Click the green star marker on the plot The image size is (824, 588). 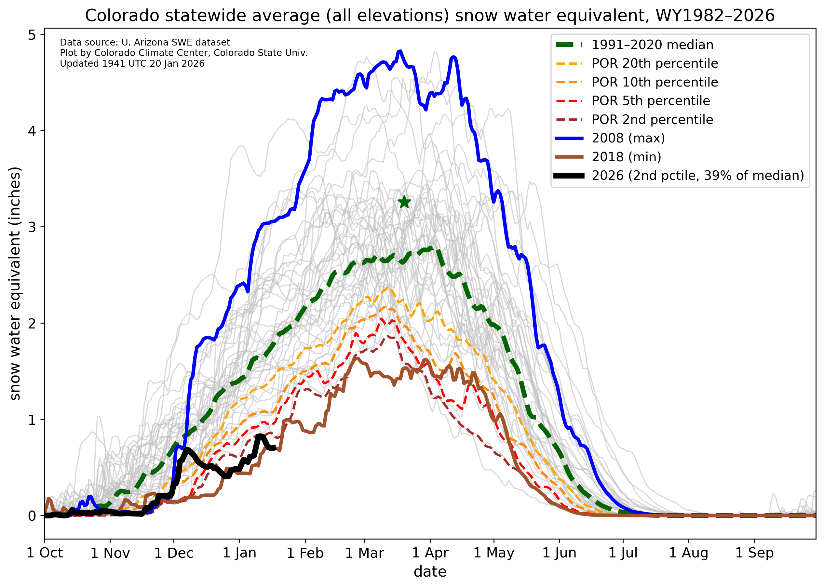pos(404,202)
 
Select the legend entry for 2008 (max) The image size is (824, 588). pos(628,138)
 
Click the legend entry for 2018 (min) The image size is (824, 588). pos(626,157)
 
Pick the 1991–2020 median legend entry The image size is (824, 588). pos(652,45)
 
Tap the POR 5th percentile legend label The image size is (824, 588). pos(651,100)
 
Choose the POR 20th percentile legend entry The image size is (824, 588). pos(655,63)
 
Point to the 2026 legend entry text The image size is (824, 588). pos(697,176)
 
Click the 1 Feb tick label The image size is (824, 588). pos(305,553)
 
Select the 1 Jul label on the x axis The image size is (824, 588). pos(623,553)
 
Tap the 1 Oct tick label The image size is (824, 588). pos(45,553)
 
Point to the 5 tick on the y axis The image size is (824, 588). pos(32,35)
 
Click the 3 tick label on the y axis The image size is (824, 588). pos(32,227)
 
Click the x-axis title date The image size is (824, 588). pos(430,572)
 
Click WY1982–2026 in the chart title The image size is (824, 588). pos(715,16)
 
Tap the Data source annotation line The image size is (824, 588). pos(145,42)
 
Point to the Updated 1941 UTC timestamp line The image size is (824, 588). pos(132,64)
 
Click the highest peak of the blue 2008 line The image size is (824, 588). pos(400,51)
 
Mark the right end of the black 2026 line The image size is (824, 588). pos(274,448)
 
